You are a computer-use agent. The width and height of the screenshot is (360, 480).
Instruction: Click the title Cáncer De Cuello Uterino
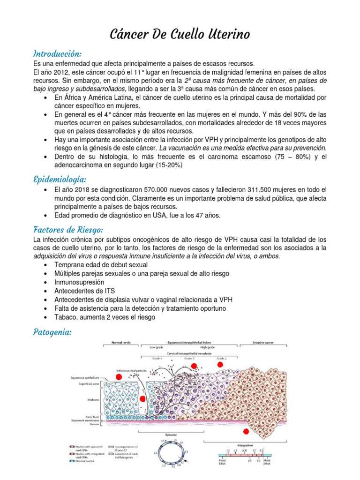[x=180, y=34]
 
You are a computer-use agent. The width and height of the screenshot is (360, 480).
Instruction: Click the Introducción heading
[x=57, y=53]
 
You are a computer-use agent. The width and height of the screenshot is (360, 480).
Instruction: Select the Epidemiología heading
[x=60, y=180]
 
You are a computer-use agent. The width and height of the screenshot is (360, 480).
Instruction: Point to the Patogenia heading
[x=52, y=332]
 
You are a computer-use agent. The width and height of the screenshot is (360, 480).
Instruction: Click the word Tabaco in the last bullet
[x=66, y=317]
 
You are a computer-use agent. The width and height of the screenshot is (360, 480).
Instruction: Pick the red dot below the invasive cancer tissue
[x=246, y=431]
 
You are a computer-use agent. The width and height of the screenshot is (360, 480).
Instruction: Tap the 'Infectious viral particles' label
[x=132, y=371]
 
